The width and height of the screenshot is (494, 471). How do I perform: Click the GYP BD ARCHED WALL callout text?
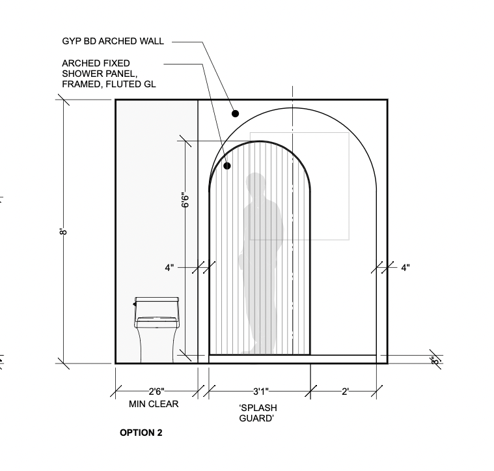[x=113, y=41]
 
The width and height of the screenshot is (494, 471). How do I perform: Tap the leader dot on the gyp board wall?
[x=236, y=113]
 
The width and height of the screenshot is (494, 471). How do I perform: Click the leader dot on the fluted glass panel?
[x=227, y=166]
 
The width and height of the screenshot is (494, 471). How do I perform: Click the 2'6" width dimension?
[x=156, y=392]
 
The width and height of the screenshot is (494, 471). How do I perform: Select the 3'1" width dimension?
[x=260, y=392]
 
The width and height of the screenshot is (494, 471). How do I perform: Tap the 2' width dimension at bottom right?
[x=345, y=392]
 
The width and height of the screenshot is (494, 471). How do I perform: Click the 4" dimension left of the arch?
[x=169, y=267]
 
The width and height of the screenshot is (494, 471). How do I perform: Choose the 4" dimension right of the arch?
[x=405, y=267]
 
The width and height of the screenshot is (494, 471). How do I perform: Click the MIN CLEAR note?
[x=154, y=404]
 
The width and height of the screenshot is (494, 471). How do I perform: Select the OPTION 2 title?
[x=141, y=433]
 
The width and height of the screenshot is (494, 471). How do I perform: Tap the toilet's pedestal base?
[x=156, y=345]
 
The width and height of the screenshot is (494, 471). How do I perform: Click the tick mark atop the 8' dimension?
[x=63, y=100]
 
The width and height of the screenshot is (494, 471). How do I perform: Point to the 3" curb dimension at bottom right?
[x=433, y=359]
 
